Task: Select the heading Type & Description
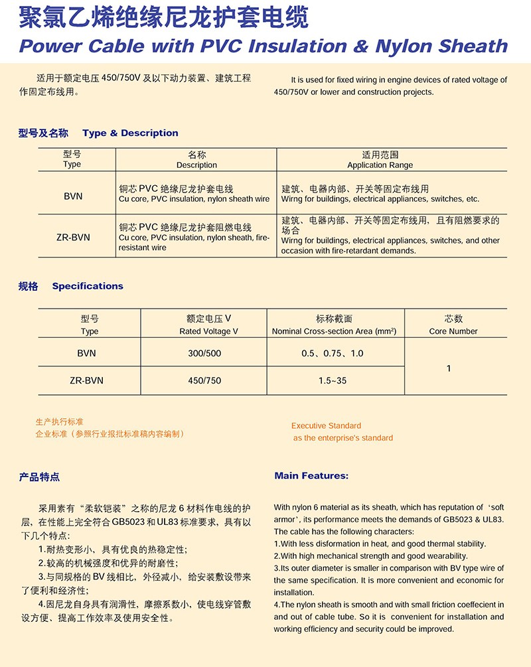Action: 130,133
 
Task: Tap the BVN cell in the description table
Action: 73,196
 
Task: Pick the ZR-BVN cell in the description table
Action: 73,237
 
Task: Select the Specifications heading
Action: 88,286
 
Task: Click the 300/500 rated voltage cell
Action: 204,354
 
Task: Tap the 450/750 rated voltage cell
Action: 204,380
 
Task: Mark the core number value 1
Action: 449,368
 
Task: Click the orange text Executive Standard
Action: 326,425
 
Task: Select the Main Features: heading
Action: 311,476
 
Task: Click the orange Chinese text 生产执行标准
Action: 59,421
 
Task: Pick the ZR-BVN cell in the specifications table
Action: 87,380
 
